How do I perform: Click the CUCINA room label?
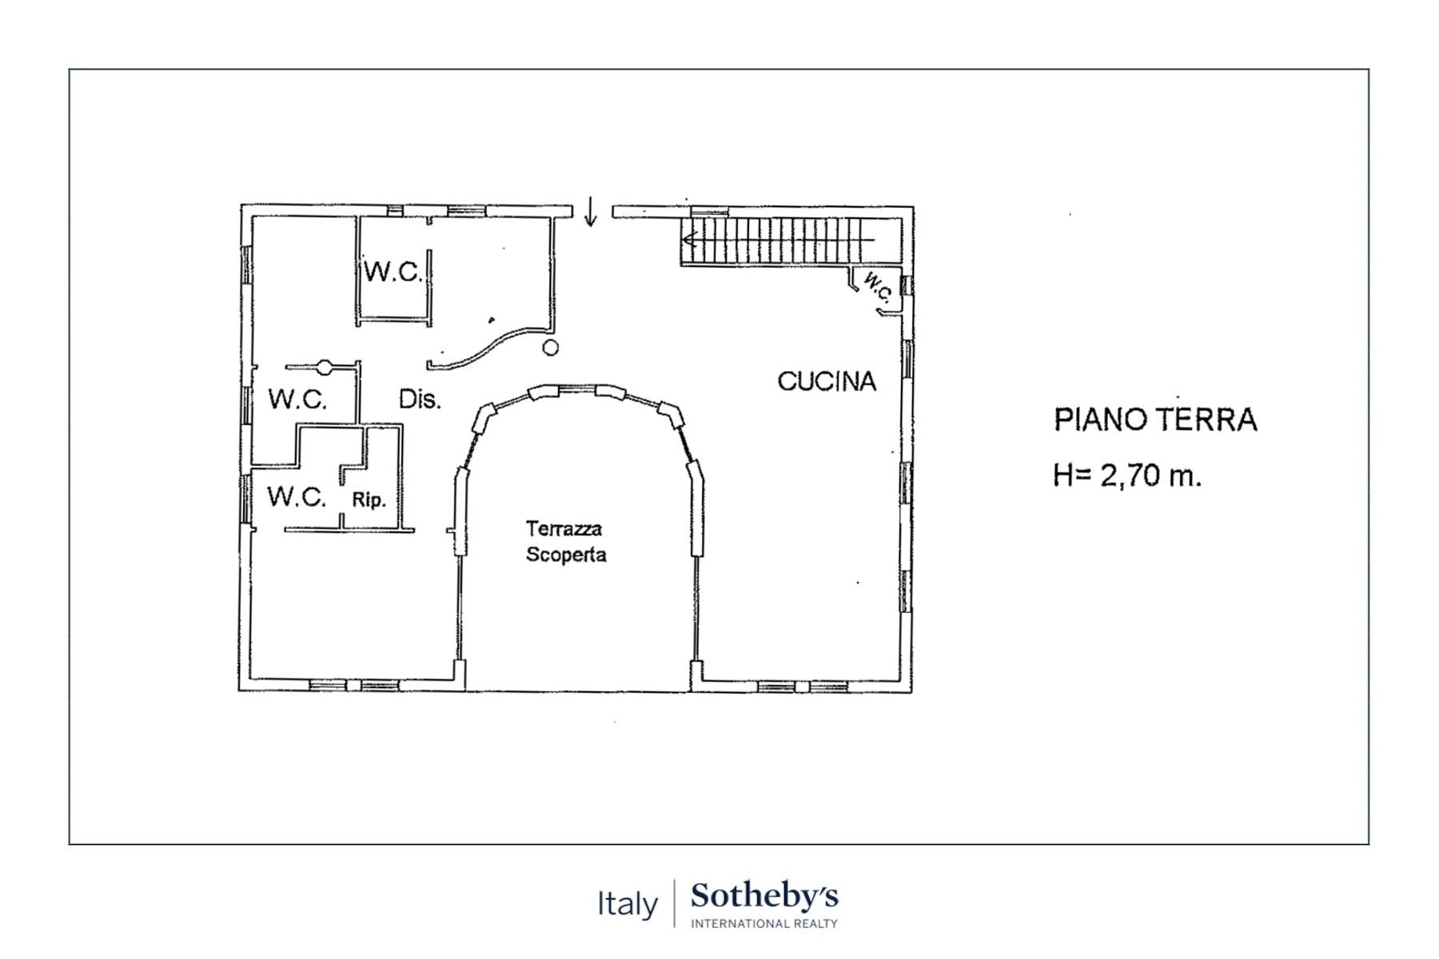tap(827, 382)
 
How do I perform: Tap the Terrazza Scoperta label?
tap(565, 541)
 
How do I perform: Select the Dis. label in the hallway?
tap(419, 399)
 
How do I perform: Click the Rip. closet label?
tap(369, 500)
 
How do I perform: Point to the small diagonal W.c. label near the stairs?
tap(877, 287)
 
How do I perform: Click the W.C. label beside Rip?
tap(297, 496)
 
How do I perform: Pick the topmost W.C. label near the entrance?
tap(393, 272)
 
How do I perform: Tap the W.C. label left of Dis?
tap(297, 399)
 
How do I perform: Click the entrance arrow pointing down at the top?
tap(590, 212)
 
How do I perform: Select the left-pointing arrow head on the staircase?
tap(688, 239)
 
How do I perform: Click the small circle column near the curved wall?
tap(550, 348)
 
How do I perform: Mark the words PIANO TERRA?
tap(1155, 420)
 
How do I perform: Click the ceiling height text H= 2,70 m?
tap(1127, 476)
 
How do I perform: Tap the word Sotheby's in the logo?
tap(764, 896)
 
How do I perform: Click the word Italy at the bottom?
tap(628, 904)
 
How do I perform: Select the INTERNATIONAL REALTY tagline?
tap(763, 924)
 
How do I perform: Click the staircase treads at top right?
tap(779, 240)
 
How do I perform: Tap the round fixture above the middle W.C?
tap(325, 367)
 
